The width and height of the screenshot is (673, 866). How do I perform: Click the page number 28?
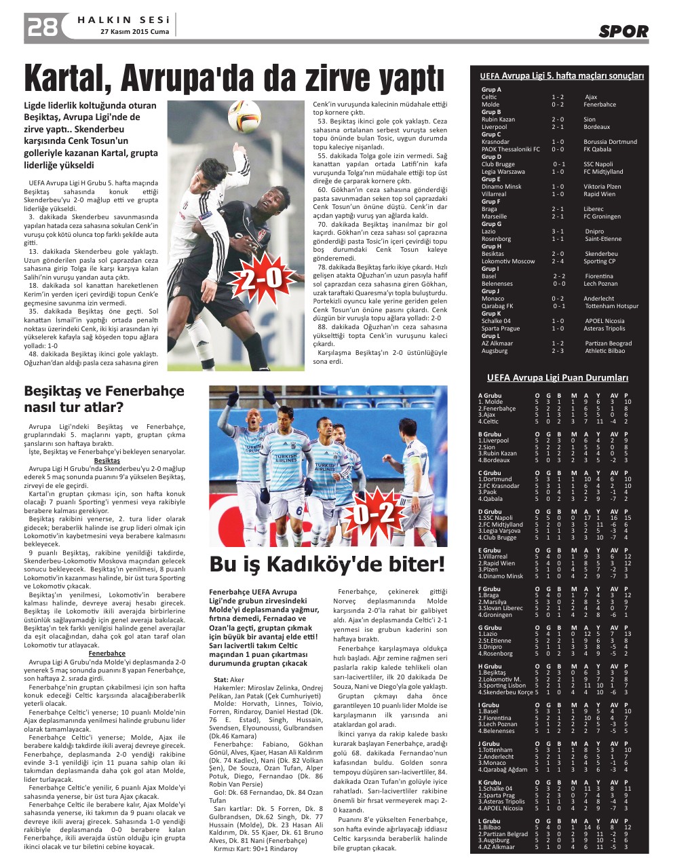point(41,27)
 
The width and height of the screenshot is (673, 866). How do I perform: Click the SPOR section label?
point(623,31)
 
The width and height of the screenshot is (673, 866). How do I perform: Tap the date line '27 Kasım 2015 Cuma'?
point(134,31)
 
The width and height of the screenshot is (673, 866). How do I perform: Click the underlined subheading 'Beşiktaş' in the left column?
point(107,460)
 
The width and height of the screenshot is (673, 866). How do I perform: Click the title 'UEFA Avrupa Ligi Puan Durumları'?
point(558,378)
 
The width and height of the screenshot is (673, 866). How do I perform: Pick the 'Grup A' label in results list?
point(491,90)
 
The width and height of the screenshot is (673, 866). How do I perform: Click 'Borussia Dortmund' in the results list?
point(610,142)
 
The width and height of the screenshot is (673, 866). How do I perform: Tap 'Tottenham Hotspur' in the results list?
point(611,306)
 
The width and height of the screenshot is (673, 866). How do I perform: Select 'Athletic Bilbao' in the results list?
point(605,351)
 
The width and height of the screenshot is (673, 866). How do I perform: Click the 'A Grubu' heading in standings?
point(490,395)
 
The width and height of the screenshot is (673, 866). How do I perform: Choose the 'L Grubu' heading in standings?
point(489,821)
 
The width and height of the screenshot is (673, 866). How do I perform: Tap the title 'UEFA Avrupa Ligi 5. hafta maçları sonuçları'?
point(561,76)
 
